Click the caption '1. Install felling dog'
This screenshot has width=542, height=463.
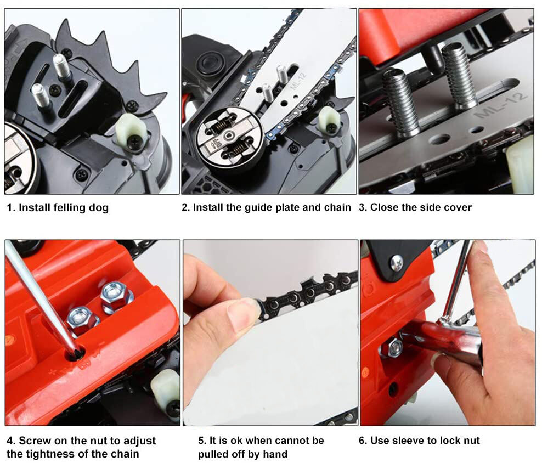[x=58, y=207]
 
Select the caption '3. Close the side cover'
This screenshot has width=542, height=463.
[x=415, y=207]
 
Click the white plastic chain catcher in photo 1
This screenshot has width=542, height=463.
[x=131, y=131]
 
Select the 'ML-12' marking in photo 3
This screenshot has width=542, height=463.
[x=501, y=105]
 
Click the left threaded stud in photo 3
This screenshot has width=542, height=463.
[x=400, y=103]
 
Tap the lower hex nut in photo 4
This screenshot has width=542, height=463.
[x=83, y=320]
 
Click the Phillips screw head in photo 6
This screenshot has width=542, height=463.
[x=397, y=263]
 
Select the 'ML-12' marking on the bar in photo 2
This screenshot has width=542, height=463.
[x=298, y=81]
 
